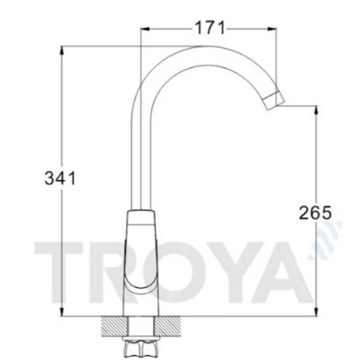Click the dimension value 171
(210, 28)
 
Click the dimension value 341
(60, 179)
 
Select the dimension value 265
(315, 212)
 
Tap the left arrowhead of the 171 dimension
(145, 29)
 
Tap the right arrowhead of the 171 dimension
(272, 29)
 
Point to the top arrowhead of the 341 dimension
(62, 50)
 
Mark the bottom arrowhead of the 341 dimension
(62, 312)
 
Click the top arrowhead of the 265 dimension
(317, 110)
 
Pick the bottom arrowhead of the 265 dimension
(317, 312)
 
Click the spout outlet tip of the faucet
(274, 102)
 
